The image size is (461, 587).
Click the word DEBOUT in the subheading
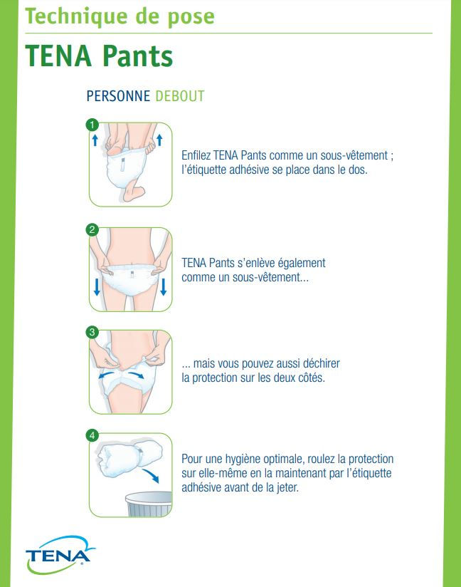180,96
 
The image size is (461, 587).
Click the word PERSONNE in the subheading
118,96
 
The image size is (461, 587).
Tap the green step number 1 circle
92,125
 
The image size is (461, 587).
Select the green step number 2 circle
92,229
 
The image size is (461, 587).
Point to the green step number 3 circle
92,332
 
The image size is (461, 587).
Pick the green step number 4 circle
92,435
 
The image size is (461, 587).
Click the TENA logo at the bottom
60,554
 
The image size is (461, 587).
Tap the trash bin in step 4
149,504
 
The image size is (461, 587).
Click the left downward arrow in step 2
97,287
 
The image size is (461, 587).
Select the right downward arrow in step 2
163,287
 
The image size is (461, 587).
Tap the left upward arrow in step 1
95,140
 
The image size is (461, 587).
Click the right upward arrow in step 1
159,140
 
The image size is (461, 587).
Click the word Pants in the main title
137,56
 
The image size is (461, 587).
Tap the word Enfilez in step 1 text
196,155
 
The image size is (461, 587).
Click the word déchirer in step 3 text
321,363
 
